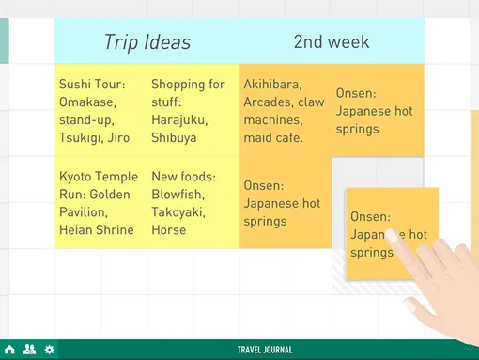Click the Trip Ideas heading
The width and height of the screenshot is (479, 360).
(147, 42)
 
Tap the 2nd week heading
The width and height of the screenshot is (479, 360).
(332, 42)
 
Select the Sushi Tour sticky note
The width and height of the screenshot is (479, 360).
(101, 110)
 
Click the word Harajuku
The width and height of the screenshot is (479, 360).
(179, 120)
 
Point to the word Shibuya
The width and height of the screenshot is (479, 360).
(174, 138)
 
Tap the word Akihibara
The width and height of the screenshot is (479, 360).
(272, 85)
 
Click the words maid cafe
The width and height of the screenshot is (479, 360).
(273, 138)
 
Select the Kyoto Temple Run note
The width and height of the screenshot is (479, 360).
(101, 202)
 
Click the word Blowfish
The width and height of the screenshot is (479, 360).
(178, 195)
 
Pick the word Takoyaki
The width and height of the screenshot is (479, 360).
(178, 212)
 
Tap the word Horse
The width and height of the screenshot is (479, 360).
(169, 230)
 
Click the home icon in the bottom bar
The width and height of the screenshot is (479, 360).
(9, 350)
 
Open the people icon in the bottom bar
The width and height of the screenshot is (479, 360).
(29, 350)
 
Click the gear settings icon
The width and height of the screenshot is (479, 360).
(49, 350)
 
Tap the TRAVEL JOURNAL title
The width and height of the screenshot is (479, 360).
(265, 350)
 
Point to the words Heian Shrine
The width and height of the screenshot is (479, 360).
(97, 230)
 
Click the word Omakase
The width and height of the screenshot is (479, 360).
(87, 102)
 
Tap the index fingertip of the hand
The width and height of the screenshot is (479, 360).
(391, 235)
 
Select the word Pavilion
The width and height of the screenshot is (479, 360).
(84, 212)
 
